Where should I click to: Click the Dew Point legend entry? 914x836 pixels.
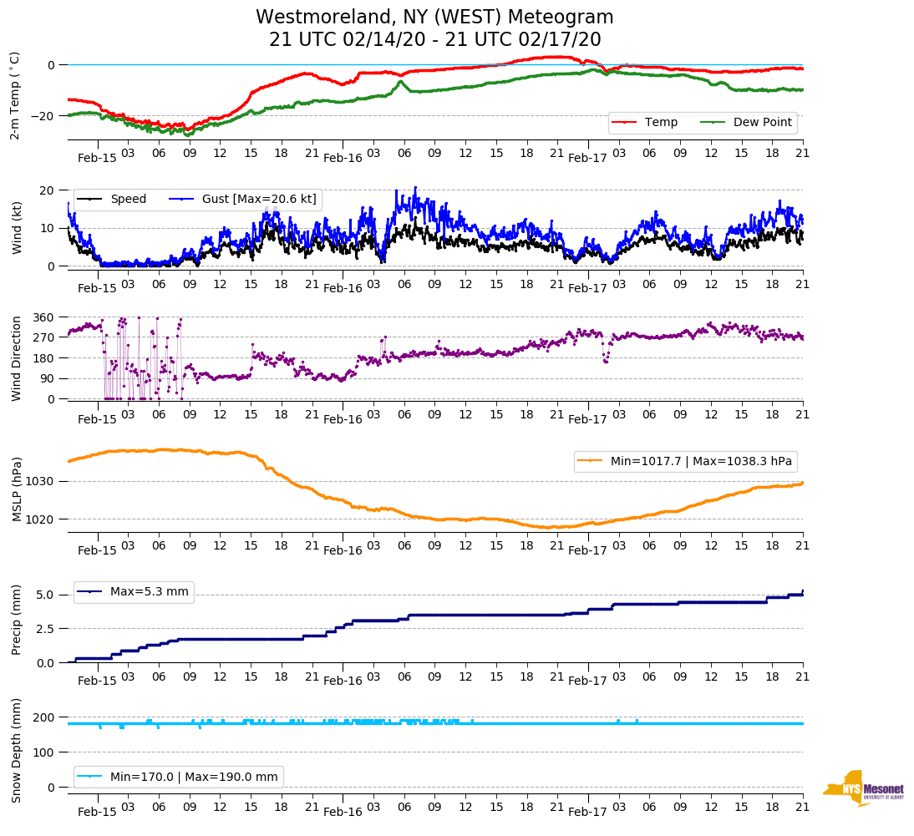click(x=764, y=122)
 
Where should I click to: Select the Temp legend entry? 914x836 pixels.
click(x=658, y=122)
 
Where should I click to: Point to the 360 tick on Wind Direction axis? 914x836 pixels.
click(x=43, y=317)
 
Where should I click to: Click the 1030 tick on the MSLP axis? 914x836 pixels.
click(x=40, y=481)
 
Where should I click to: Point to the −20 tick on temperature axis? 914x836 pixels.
click(x=40, y=116)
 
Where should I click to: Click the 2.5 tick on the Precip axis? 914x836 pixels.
click(x=45, y=629)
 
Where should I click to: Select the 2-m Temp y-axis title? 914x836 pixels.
click(x=14, y=95)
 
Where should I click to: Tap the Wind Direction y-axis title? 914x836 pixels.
click(x=16, y=357)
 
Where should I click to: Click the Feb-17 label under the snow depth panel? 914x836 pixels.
click(x=587, y=812)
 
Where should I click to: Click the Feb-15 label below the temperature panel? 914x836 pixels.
click(x=97, y=158)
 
